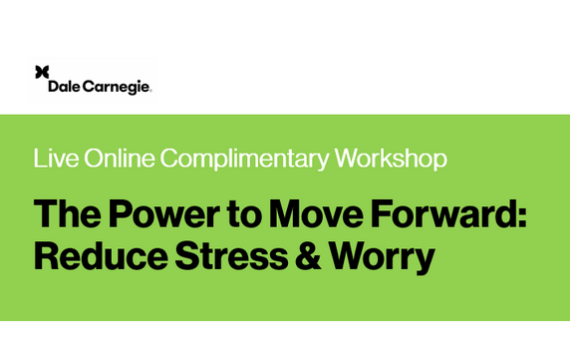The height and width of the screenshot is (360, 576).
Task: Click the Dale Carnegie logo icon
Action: coord(42,72)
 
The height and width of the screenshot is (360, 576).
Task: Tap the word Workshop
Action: coord(391,159)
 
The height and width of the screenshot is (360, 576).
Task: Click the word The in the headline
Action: coord(67,213)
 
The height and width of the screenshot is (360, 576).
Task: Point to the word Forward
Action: coord(449,213)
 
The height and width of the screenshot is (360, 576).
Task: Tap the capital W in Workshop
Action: coord(348,159)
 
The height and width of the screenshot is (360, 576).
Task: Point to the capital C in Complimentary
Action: coord(169,159)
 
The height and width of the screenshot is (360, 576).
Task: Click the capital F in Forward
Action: coord(390,213)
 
